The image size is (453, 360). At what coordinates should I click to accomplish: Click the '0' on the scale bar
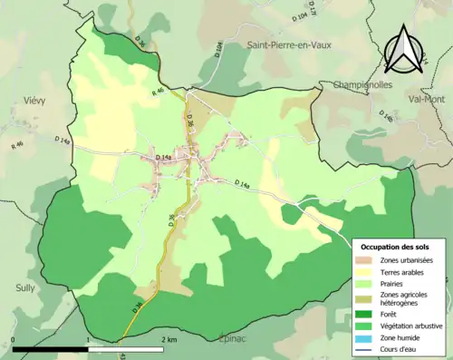point(13,339)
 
